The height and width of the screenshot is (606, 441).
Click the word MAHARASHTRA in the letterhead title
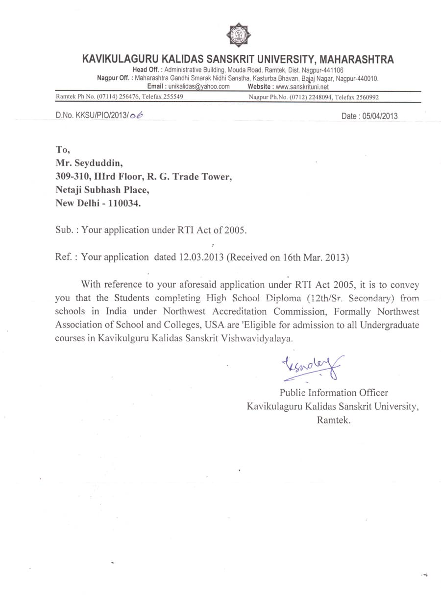357,60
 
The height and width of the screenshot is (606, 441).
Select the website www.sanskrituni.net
302,86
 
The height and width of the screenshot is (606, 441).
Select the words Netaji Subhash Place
101,189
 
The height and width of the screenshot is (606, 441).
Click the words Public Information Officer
334,393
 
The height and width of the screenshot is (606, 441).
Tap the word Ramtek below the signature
333,420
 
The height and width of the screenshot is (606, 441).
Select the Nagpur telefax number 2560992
362,97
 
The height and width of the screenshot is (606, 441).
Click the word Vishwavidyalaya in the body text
258,338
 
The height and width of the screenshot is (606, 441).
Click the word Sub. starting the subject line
64,230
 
